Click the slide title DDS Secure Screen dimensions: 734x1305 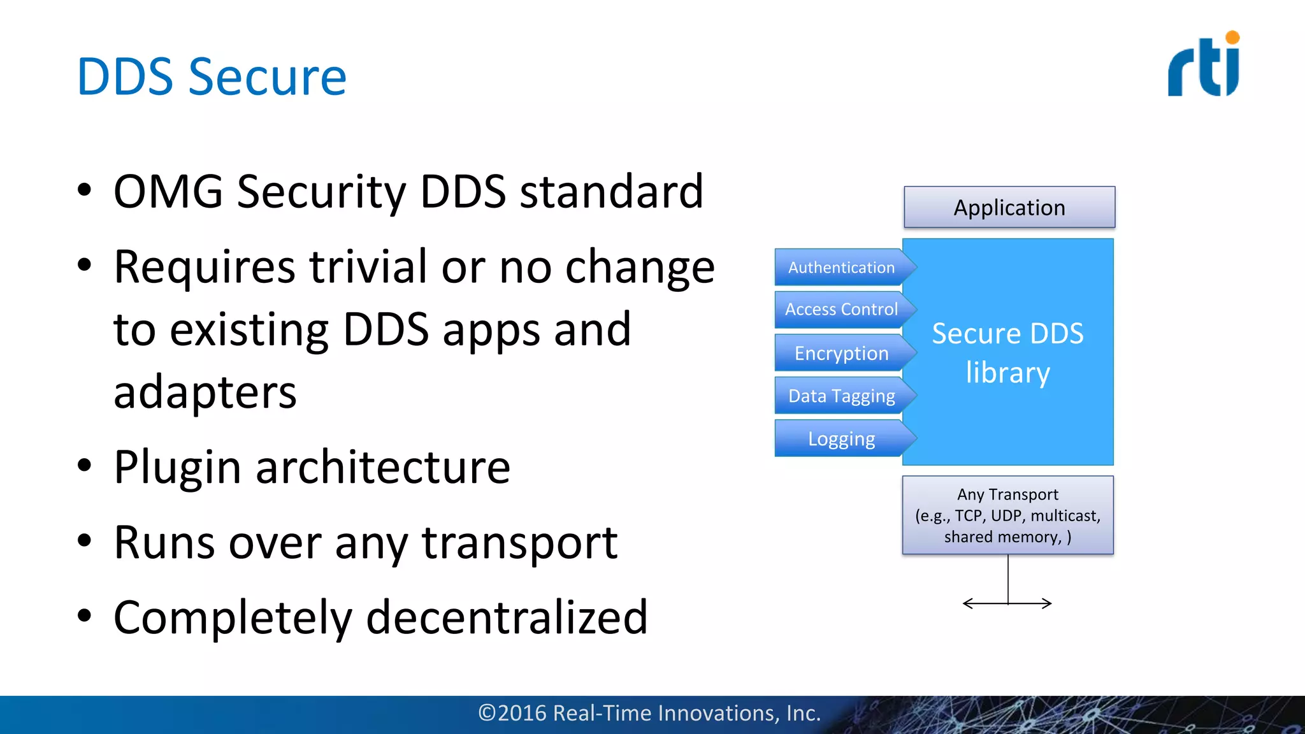211,77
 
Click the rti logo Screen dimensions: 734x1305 1202,66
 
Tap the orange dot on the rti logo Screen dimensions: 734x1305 1232,38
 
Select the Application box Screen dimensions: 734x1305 1009,208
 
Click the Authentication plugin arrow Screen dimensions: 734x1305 842,268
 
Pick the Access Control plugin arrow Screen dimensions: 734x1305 842,310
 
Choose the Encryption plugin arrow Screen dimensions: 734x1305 842,353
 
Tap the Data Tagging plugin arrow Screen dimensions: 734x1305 842,396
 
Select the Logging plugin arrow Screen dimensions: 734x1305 842,439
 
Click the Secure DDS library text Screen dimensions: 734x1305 1007,352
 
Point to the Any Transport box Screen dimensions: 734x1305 1007,515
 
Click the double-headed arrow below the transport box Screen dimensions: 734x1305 1007,603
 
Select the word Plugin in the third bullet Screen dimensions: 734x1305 177,467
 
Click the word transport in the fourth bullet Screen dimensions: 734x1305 519,543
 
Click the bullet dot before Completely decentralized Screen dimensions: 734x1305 84,616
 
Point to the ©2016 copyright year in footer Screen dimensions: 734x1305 513,713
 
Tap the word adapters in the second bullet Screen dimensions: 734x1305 205,392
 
